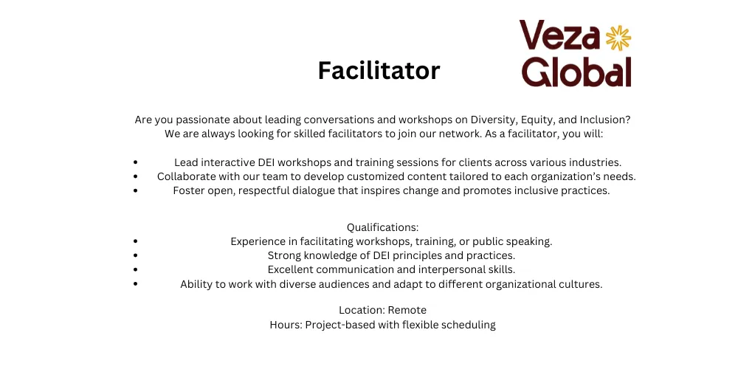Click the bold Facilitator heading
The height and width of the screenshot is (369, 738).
tap(379, 71)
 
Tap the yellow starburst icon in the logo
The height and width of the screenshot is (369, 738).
tap(618, 38)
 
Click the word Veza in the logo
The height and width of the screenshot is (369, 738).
tap(559, 35)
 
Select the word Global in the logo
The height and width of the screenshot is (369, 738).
tap(576, 72)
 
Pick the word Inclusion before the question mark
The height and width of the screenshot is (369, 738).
tap(601, 120)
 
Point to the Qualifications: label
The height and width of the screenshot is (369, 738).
tap(382, 227)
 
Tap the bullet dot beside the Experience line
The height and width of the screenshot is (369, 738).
tap(136, 241)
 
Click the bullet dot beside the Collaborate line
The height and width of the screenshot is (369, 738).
tap(136, 176)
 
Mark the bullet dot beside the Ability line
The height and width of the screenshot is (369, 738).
tap(136, 284)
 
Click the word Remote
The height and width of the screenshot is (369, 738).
tap(407, 310)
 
